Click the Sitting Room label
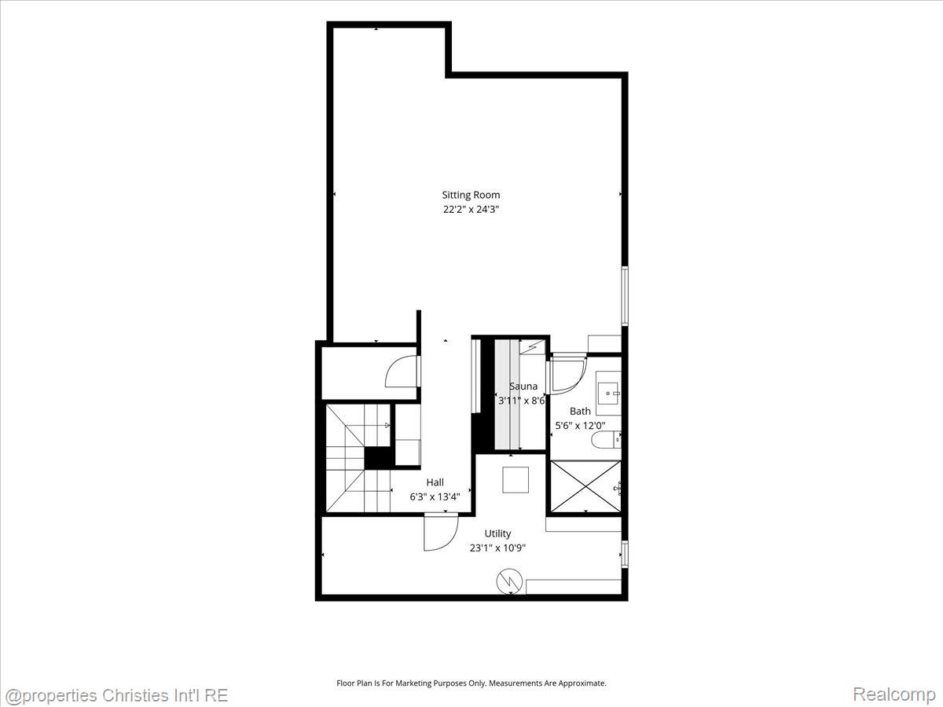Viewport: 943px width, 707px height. (x=471, y=195)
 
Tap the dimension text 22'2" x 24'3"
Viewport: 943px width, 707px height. (x=471, y=210)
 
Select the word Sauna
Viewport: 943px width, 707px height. (x=523, y=386)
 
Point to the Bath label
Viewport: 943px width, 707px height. (x=580, y=411)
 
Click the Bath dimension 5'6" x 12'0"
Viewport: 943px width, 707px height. (x=580, y=426)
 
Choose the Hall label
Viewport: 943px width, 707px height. (x=435, y=482)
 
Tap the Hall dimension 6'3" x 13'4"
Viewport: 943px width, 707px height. (x=435, y=497)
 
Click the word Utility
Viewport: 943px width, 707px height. (x=497, y=533)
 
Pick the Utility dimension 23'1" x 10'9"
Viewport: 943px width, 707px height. (x=497, y=548)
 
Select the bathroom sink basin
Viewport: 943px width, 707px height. (x=608, y=394)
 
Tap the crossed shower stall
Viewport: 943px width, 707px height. (x=585, y=487)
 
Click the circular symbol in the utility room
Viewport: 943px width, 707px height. (x=510, y=581)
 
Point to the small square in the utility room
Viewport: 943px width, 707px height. (x=516, y=479)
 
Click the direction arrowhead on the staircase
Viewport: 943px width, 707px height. (x=387, y=426)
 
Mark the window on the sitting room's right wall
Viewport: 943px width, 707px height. (x=625, y=296)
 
